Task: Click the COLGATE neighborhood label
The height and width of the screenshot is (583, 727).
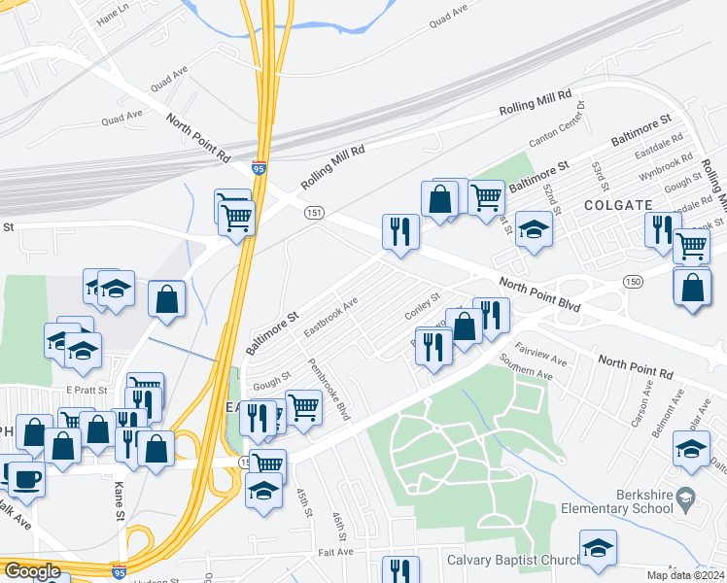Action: (617, 205)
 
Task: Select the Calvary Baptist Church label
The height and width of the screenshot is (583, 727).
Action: (511, 560)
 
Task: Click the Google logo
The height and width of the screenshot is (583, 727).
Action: (32, 571)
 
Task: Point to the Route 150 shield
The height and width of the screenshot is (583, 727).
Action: (632, 281)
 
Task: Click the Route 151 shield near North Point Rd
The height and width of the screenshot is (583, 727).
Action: (313, 213)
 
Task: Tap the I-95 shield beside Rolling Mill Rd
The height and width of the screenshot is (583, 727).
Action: (259, 168)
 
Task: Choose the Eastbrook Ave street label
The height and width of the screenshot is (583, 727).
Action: (330, 317)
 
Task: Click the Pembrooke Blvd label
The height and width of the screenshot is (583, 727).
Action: (329, 390)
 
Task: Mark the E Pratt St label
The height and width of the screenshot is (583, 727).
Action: (85, 390)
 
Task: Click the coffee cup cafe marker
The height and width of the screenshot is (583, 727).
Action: (26, 477)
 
